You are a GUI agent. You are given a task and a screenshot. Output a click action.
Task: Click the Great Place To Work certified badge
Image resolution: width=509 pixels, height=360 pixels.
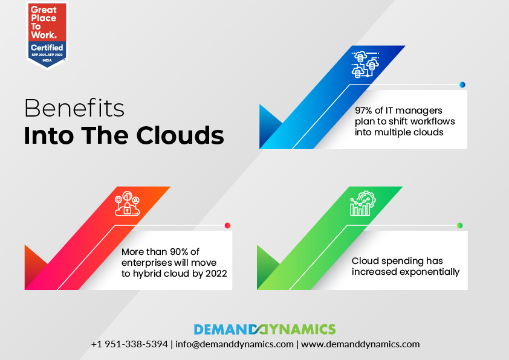[47, 34]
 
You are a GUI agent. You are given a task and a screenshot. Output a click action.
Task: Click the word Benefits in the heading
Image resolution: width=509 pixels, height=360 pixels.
[74, 109]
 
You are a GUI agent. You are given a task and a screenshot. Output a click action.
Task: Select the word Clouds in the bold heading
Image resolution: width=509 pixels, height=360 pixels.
[180, 135]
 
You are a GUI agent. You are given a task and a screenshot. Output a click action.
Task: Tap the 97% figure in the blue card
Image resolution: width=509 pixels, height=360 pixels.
[366, 111]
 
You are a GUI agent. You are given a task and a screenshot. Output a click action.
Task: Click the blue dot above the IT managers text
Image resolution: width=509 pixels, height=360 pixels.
[462, 85]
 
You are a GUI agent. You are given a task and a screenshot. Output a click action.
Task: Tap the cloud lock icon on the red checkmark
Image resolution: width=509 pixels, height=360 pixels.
[128, 205]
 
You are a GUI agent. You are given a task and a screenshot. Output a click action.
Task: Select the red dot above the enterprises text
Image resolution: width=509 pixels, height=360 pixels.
[227, 225]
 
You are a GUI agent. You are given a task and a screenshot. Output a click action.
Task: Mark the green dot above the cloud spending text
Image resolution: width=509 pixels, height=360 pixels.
[459, 225]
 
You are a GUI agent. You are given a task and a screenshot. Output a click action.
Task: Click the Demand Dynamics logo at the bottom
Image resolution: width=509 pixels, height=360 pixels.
[264, 329]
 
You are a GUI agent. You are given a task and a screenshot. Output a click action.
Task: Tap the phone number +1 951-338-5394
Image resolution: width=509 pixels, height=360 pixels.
[129, 344]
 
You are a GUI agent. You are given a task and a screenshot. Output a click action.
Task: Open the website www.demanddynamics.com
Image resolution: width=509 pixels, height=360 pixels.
[360, 344]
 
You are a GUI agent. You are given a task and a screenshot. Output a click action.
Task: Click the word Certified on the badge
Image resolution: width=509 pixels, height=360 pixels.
[47, 47]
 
